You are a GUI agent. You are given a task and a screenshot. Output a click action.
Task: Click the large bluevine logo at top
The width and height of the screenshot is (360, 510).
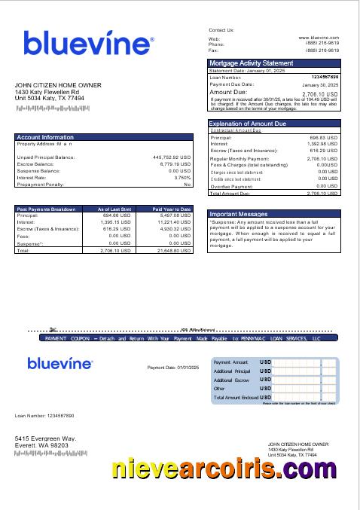click(88, 44)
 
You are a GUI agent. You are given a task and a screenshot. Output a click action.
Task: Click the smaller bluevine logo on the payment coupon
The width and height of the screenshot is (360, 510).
click(60, 364)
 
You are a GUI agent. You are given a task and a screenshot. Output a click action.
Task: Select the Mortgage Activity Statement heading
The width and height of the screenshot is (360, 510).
click(251, 63)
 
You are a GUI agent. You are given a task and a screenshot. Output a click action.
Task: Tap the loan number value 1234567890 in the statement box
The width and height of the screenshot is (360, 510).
click(325, 77)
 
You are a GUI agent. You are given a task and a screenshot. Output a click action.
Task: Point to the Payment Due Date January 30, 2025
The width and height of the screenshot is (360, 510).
click(323, 85)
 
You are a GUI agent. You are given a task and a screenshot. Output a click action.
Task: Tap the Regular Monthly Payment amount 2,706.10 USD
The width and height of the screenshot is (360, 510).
click(322, 159)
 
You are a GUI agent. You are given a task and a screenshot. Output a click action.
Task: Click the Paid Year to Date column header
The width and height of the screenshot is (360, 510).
click(172, 209)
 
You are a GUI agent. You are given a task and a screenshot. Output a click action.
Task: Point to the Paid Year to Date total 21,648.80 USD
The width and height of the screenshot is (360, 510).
click(172, 251)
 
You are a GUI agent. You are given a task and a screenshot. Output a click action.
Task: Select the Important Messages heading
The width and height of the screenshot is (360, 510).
click(238, 214)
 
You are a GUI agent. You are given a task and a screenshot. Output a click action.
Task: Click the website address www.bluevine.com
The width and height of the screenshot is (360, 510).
click(319, 37)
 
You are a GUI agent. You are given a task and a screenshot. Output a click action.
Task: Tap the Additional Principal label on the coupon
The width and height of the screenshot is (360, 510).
click(231, 371)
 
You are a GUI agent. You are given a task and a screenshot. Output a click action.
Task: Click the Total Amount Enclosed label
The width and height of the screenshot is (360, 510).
click(236, 397)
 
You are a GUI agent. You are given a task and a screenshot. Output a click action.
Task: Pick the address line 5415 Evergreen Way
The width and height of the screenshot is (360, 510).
click(45, 438)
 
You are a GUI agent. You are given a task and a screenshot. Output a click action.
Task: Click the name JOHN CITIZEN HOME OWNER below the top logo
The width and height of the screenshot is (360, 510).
click(57, 85)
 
